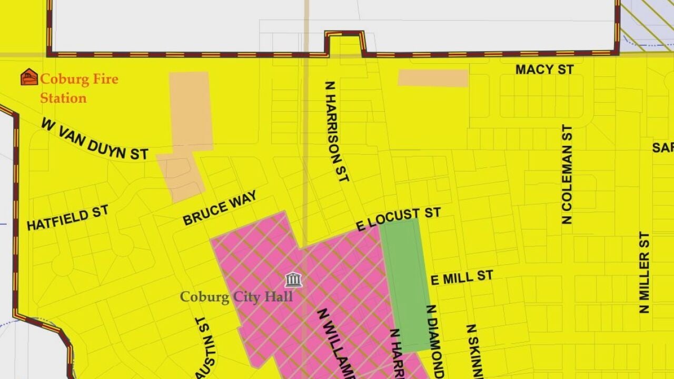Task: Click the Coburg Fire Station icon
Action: pos(29,77)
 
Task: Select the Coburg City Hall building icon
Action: pos(293,280)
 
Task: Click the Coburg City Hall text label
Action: pos(236,297)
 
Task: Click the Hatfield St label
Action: pos(68,218)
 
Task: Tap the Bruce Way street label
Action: pos(220,208)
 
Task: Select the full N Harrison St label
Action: pos(337,132)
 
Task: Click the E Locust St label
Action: pos(398,219)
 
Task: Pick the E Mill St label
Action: pos(462,277)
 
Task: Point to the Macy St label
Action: pos(544,69)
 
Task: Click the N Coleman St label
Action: pos(567,174)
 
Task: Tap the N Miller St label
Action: pos(645,273)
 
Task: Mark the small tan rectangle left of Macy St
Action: pos(433,78)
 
